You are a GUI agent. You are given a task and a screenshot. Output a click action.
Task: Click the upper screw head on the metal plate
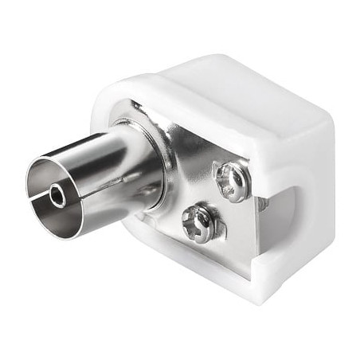tap(233, 181)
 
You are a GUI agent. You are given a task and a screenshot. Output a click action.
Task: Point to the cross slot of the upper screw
tap(234, 180)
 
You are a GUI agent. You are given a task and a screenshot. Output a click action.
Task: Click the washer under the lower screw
tap(209, 230)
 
